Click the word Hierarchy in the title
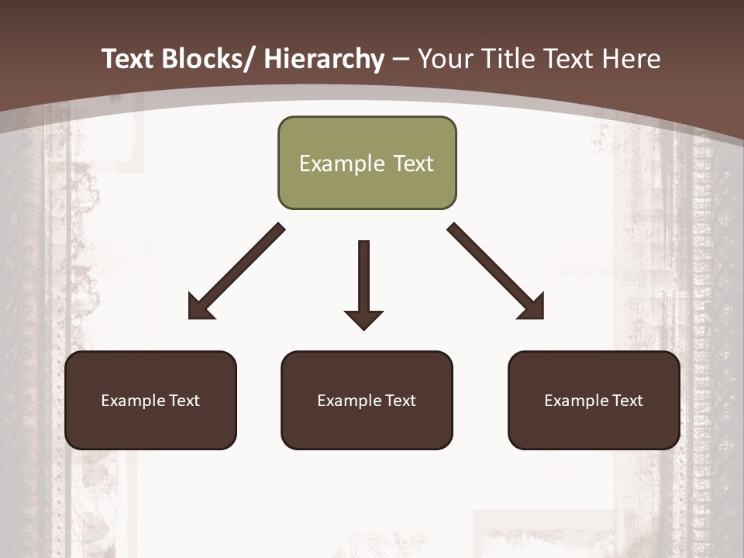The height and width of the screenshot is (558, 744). (324, 59)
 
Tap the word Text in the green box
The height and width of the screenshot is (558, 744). (412, 164)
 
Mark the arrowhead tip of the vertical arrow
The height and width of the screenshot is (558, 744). (364, 329)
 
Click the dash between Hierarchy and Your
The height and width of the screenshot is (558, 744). (401, 59)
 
